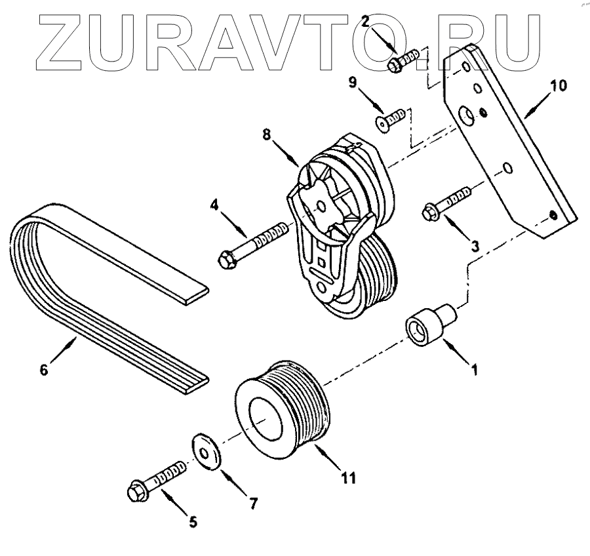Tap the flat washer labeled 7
(x=204, y=449)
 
